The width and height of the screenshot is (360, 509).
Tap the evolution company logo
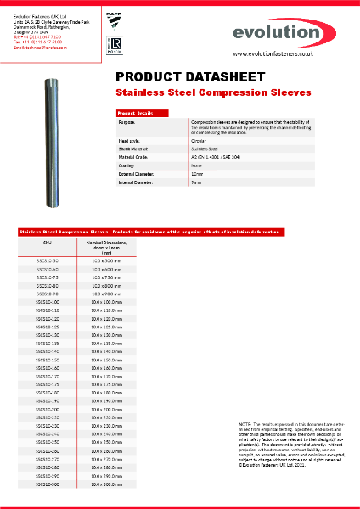pyautogui.click(x=286, y=32)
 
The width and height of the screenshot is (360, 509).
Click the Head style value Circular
pyautogui.click(x=200, y=141)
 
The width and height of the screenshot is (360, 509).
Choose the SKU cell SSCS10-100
pyautogui.click(x=48, y=302)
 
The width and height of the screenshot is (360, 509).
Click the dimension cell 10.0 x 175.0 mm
pyautogui.click(x=107, y=383)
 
